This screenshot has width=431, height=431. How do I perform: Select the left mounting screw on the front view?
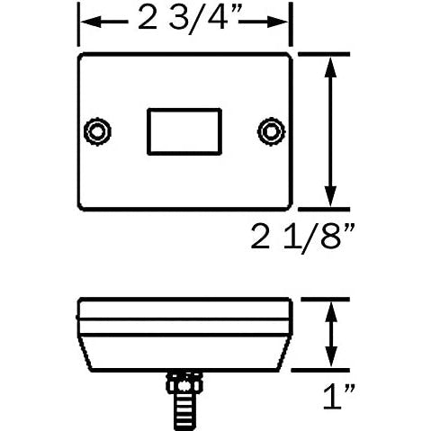97,131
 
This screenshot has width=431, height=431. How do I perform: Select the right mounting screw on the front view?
272,131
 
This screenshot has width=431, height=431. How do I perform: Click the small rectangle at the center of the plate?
184,131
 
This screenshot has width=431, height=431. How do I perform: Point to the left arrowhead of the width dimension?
91,22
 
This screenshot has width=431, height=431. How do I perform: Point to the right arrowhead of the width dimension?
278,22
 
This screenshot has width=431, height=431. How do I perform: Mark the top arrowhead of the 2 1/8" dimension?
330,67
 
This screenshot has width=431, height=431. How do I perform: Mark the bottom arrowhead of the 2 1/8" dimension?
330,195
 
